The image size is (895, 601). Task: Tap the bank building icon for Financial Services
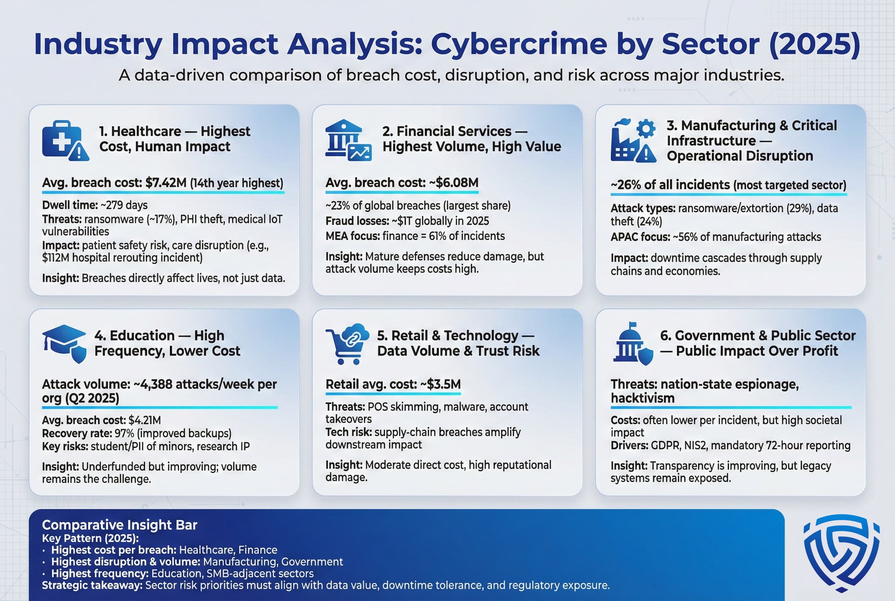[x=347, y=140]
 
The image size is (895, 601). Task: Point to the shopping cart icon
[x=346, y=344]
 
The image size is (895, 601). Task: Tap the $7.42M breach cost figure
[x=166, y=183]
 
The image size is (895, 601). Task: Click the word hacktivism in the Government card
[x=642, y=398]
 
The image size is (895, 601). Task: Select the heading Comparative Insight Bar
[x=119, y=525]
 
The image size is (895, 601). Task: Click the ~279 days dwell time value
[x=124, y=205]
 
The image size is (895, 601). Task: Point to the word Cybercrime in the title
[x=519, y=44]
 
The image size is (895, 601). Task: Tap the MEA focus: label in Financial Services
[x=352, y=236]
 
